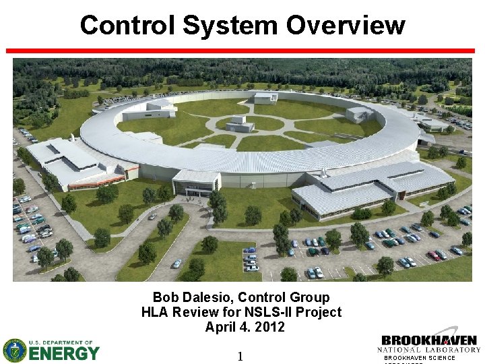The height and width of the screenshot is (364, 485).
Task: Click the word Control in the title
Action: [127, 25]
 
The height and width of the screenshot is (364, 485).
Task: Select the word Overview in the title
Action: [346, 25]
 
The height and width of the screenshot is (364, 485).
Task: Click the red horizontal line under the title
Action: [243, 51]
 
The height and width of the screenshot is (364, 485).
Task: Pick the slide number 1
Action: [240, 356]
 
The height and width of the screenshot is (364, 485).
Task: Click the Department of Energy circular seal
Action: [14, 351]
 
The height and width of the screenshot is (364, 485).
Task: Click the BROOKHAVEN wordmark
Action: [429, 340]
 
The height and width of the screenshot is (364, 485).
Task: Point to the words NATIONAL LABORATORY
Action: [429, 350]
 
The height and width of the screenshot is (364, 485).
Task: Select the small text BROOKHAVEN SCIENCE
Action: [420, 358]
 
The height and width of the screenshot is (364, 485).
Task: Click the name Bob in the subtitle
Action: [164, 297]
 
